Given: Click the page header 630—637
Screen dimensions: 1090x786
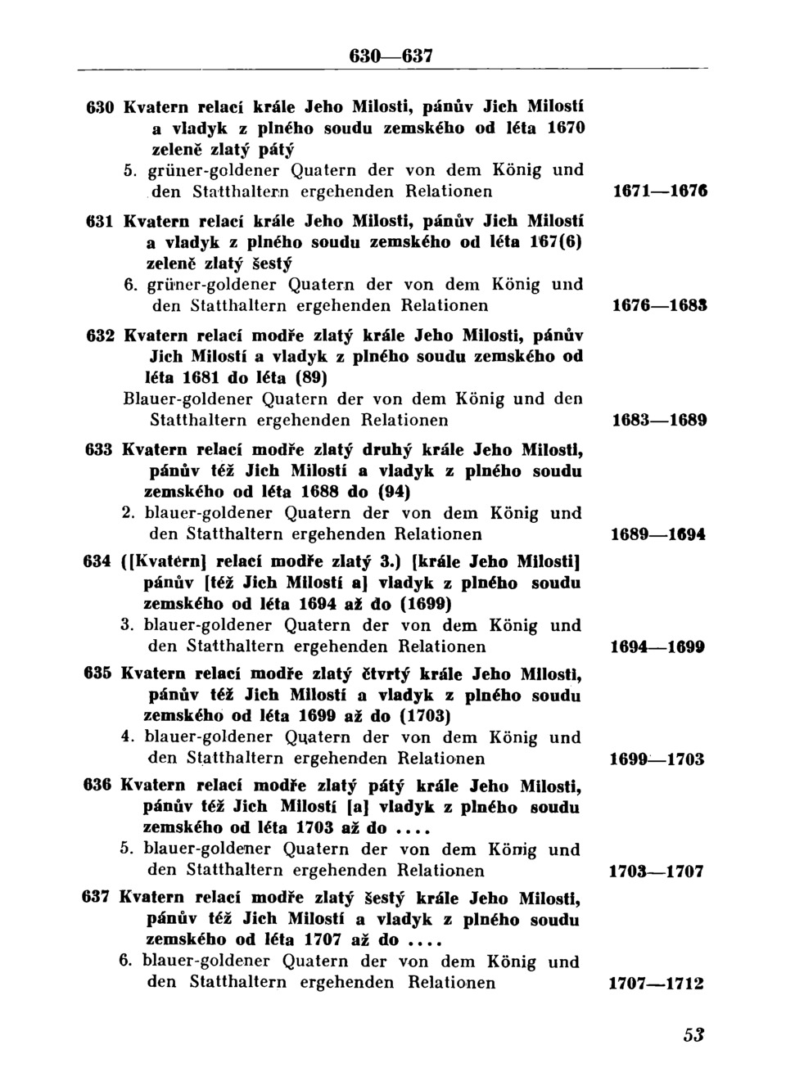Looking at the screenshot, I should [x=391, y=56].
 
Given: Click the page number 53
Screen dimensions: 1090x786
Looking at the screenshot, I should [x=693, y=1034].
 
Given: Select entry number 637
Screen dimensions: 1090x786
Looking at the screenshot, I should [x=97, y=898].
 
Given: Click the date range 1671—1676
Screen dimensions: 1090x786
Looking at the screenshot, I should [x=659, y=192].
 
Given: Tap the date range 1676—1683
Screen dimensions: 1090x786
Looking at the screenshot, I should [x=659, y=306].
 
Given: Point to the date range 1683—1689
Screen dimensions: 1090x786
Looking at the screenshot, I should [x=659, y=421].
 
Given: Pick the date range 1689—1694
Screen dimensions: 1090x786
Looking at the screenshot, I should [x=659, y=534].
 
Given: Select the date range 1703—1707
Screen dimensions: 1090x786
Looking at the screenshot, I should [x=657, y=872].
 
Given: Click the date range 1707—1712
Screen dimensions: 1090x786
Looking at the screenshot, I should [x=657, y=984].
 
